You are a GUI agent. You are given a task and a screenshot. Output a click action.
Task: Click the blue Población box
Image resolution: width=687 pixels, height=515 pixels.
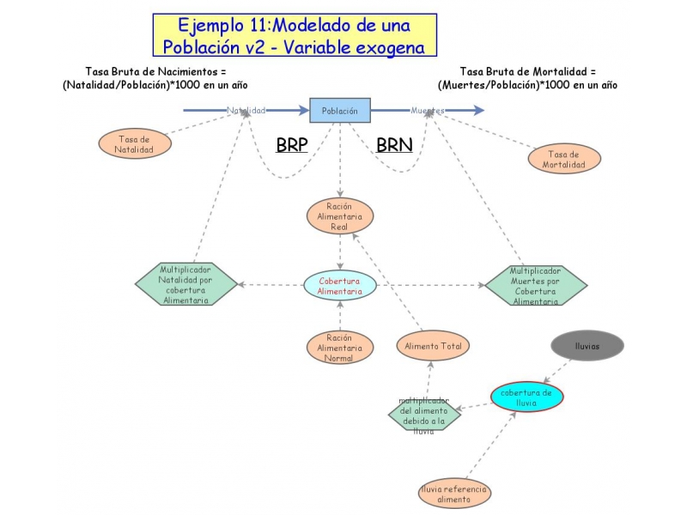[x=340, y=111]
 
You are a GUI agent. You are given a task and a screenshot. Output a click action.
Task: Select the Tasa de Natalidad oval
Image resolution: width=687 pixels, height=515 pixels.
[x=135, y=143]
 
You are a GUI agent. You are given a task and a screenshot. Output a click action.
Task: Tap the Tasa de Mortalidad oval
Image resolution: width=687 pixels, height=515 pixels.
[x=564, y=159]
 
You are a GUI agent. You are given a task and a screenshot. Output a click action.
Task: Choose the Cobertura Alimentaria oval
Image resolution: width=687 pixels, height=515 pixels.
[x=340, y=285]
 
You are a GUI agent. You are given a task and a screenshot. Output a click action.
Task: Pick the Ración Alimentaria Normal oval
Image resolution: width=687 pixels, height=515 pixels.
[x=340, y=347]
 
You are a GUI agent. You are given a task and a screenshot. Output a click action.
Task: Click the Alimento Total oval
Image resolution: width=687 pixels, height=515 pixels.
[x=434, y=346]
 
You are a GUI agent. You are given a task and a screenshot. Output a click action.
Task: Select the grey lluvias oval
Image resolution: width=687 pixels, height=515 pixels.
[x=587, y=345]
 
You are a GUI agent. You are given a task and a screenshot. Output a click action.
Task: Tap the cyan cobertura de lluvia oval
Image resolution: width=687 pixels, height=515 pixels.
[x=527, y=397]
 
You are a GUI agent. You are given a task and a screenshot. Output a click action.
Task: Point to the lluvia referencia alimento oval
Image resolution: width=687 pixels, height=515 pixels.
[x=455, y=494]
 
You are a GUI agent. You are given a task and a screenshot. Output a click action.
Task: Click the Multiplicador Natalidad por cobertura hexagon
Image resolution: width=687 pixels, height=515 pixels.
[x=186, y=284]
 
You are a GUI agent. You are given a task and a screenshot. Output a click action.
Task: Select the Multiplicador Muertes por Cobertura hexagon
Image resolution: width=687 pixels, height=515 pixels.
[x=536, y=285]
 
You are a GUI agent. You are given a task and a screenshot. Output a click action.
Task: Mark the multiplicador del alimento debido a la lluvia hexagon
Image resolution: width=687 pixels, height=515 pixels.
[x=423, y=415]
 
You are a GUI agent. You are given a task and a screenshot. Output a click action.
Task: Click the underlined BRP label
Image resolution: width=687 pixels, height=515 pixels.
[x=292, y=146]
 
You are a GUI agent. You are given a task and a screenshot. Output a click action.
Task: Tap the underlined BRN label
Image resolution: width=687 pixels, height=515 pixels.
[x=394, y=146]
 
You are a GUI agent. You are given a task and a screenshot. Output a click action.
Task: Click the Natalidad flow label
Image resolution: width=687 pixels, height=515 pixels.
[x=246, y=111]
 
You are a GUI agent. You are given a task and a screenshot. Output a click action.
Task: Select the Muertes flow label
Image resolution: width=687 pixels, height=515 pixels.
[x=427, y=111]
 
